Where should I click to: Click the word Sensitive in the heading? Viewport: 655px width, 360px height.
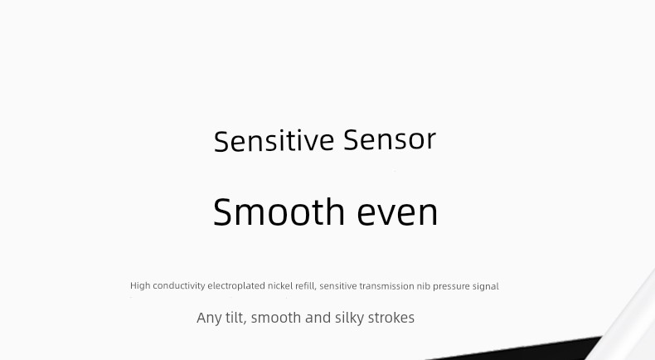pyautogui.click(x=274, y=141)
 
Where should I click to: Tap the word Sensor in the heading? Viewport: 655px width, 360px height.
pyautogui.click(x=390, y=140)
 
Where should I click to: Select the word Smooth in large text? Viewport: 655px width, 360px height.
pyautogui.click(x=279, y=212)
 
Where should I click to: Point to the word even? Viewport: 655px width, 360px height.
pyautogui.click(x=397, y=213)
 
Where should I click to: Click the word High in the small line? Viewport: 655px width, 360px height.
pyautogui.click(x=140, y=286)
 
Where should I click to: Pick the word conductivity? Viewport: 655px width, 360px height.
pyautogui.click(x=179, y=286)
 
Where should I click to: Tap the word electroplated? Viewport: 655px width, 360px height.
pyautogui.click(x=236, y=286)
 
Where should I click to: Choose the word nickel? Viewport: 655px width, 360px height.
pyautogui.click(x=280, y=286)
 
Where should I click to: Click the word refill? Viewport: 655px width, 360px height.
pyautogui.click(x=306, y=286)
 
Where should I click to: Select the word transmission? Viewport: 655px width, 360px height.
pyautogui.click(x=387, y=286)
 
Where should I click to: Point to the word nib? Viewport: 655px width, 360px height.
pyautogui.click(x=424, y=286)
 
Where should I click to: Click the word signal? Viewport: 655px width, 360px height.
pyautogui.click(x=485, y=286)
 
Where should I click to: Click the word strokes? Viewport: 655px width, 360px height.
pyautogui.click(x=391, y=318)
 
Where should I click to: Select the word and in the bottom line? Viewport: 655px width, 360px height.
pyautogui.click(x=318, y=318)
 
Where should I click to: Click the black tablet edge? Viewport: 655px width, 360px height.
pyautogui.click(x=522, y=350)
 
